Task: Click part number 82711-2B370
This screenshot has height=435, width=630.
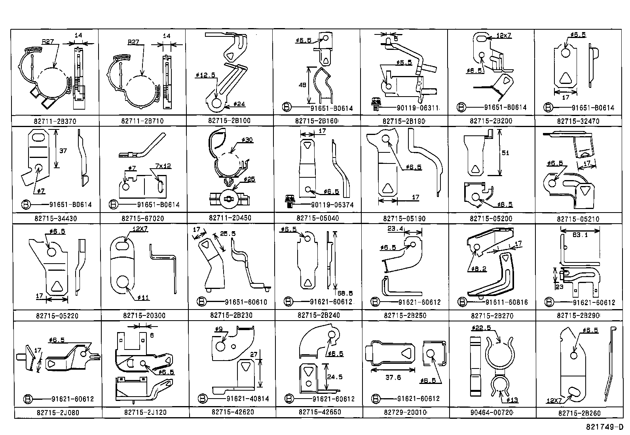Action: pyautogui.click(x=55, y=121)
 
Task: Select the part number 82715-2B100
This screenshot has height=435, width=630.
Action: pyautogui.click(x=229, y=120)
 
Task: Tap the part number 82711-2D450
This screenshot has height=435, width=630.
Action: pyautogui.click(x=230, y=218)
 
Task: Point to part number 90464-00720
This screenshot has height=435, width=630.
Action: pyautogui.click(x=492, y=412)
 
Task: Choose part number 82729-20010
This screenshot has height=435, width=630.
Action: pyautogui.click(x=405, y=412)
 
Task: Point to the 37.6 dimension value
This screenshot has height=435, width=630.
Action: pyautogui.click(x=393, y=378)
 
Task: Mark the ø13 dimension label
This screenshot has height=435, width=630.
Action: pyautogui.click(x=512, y=400)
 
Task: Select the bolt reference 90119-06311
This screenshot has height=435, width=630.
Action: pyautogui.click(x=418, y=108)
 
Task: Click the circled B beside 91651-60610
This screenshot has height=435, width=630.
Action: pyautogui.click(x=202, y=302)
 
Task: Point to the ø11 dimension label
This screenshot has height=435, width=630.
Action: pyautogui.click(x=143, y=298)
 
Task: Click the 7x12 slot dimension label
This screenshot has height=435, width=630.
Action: pyautogui.click(x=163, y=166)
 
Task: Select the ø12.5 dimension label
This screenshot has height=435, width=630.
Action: pyautogui.click(x=205, y=74)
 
